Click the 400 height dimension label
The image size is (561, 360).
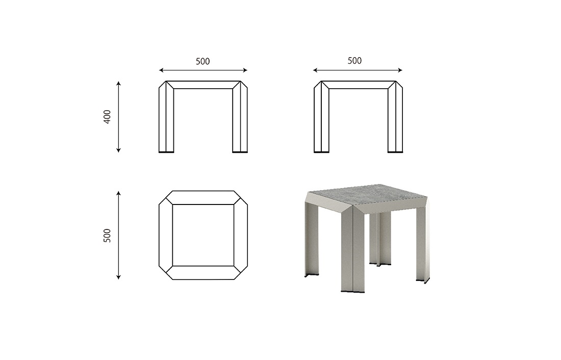click(107, 117)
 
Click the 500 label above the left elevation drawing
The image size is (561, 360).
click(202, 62)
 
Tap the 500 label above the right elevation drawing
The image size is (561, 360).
click(354, 61)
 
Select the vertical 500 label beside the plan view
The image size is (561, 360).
click(107, 235)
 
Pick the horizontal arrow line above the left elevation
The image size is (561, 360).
click(203, 70)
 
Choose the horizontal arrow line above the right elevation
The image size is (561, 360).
click(358, 70)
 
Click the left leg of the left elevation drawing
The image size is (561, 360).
click(166, 120)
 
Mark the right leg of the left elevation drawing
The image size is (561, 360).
click(240, 120)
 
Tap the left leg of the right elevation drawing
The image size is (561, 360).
click(321, 120)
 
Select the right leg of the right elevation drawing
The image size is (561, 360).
click(395, 120)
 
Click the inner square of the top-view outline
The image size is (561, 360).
click(203, 235)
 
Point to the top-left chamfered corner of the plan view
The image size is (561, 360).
click(166, 198)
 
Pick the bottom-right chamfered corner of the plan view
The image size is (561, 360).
click(241, 272)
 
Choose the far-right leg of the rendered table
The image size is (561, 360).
click(423, 240)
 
